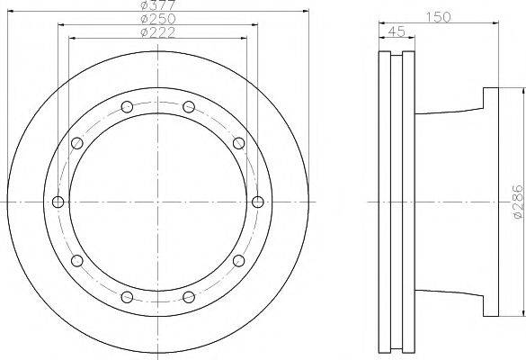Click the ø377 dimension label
157,4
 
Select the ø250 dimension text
157,19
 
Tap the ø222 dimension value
157,32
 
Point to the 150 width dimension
438,17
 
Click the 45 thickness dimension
397,31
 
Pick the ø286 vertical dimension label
518,202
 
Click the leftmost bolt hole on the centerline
58,202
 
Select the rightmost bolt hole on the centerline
258,202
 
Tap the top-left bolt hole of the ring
127,107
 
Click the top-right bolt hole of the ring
189,107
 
